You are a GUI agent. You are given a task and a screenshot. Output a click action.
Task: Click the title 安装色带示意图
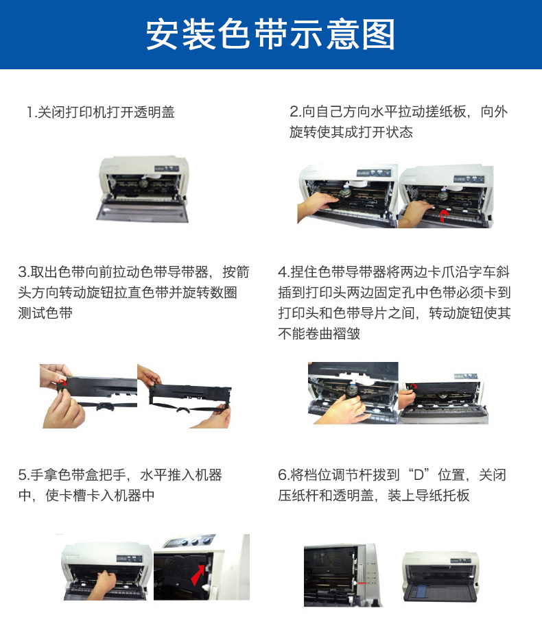click(271, 34)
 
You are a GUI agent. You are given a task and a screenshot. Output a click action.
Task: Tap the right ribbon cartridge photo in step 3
click(184, 396)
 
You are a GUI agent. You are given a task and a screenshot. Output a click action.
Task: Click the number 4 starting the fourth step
click(283, 272)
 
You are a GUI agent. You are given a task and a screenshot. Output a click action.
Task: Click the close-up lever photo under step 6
click(340, 574)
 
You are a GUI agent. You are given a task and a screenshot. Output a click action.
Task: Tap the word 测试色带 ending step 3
click(45, 313)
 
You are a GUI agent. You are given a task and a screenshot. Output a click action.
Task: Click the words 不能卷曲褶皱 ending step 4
click(319, 334)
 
